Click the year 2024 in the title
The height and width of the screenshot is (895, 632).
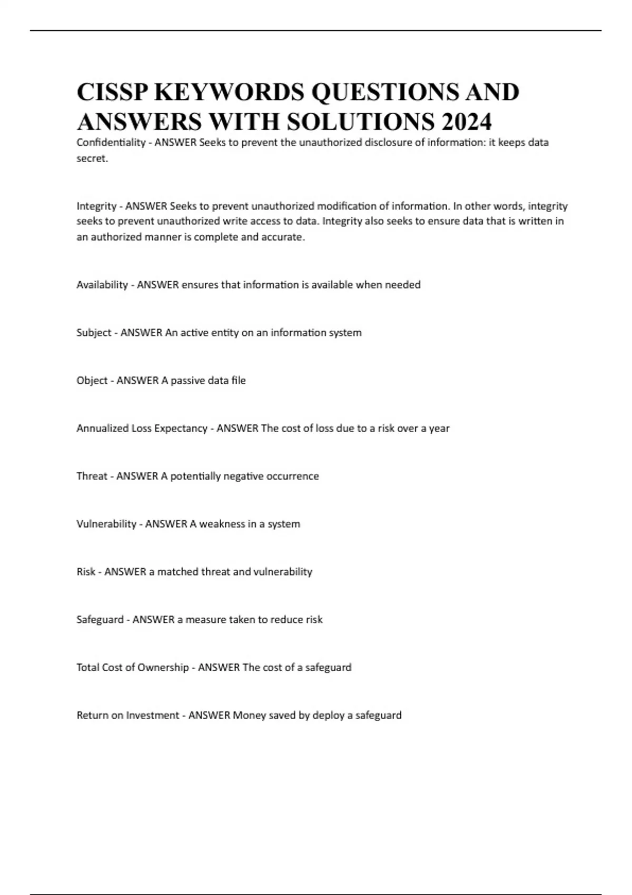coord(467,122)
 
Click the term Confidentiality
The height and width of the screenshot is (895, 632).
coord(111,142)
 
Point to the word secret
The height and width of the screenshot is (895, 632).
coord(92,158)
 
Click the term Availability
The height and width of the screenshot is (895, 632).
coord(102,285)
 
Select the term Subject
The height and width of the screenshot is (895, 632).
coord(94,333)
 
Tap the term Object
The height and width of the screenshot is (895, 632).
coord(92,381)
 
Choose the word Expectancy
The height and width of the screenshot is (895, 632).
coord(181,429)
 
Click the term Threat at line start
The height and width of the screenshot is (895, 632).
coord(92,476)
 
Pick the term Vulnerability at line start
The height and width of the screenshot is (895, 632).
coord(106,524)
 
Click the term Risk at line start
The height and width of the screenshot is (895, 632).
coord(86,572)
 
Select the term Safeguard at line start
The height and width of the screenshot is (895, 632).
coord(100,620)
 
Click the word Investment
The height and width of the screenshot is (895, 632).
coord(152,715)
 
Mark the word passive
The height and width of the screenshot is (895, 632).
coord(187,381)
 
